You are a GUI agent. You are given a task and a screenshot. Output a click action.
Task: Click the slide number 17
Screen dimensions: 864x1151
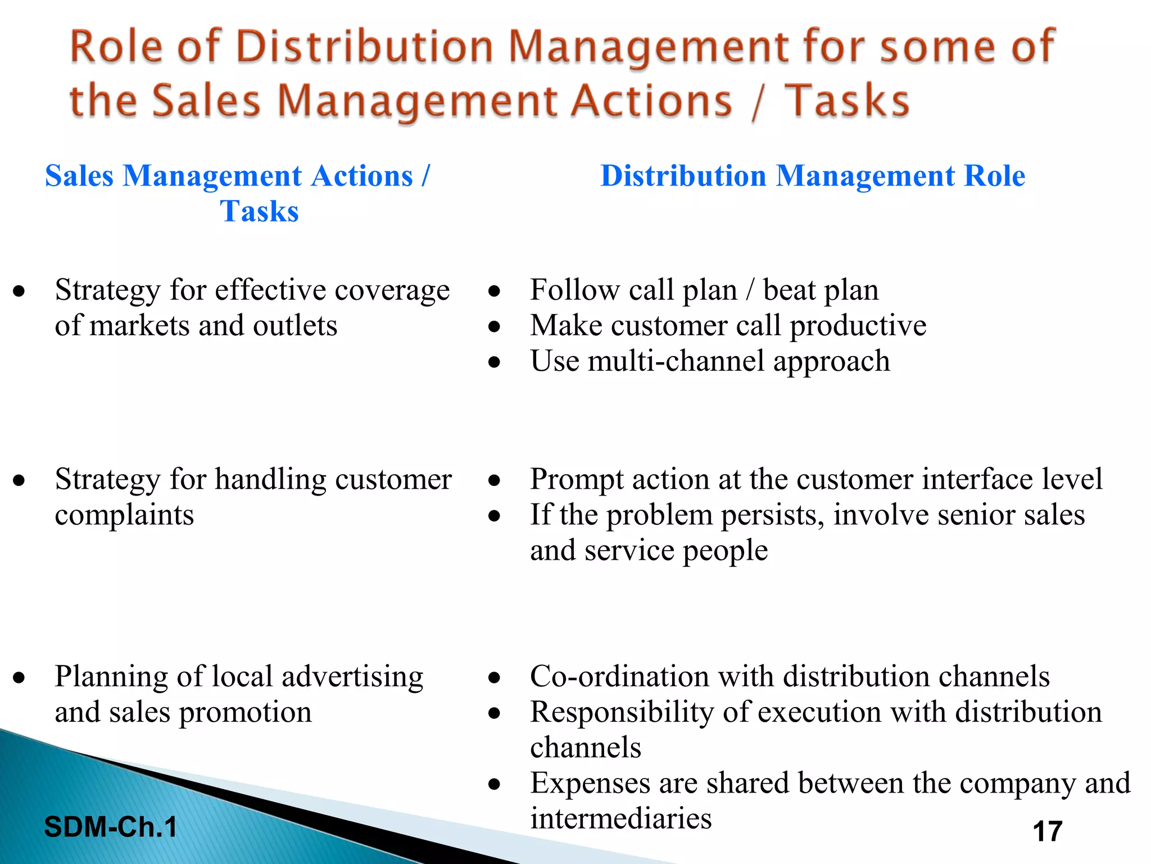pyautogui.click(x=1048, y=831)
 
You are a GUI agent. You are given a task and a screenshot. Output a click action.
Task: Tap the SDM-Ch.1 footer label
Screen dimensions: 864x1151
pyautogui.click(x=111, y=827)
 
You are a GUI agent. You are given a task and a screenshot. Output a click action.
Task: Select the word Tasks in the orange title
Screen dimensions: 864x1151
pyautogui.click(x=846, y=101)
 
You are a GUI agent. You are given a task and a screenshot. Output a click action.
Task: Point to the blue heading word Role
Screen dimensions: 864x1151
pyautogui.click(x=994, y=175)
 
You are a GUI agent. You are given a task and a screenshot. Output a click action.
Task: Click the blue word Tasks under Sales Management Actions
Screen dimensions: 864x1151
pyautogui.click(x=259, y=211)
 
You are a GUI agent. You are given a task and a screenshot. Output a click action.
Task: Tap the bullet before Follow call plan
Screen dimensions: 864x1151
pyautogui.click(x=494, y=291)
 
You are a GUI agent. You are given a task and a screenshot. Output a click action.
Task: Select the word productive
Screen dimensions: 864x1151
pyautogui.click(x=858, y=326)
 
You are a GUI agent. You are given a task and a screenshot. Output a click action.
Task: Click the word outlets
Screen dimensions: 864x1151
pyautogui.click(x=295, y=326)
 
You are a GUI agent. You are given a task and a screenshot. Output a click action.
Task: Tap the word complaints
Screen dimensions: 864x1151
pyautogui.click(x=124, y=515)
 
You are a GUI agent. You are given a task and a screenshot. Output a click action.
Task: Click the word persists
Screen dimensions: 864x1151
pyautogui.click(x=772, y=515)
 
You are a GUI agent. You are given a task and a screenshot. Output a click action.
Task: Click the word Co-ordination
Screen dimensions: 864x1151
pyautogui.click(x=619, y=676)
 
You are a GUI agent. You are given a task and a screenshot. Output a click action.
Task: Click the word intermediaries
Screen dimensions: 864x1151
pyautogui.click(x=621, y=818)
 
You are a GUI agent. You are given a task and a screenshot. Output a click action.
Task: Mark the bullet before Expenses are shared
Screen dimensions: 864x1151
pyautogui.click(x=494, y=784)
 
